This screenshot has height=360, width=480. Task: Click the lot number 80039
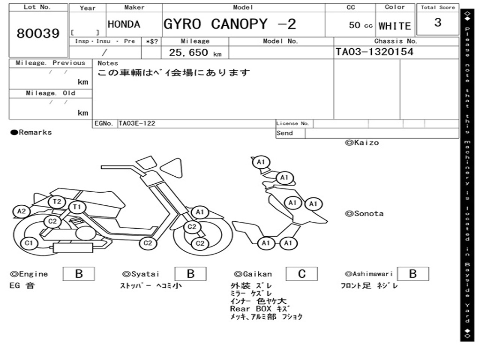(38, 34)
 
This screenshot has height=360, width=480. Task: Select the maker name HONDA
(124, 24)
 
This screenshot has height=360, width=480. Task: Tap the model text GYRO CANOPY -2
(230, 24)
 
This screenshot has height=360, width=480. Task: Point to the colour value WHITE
(394, 26)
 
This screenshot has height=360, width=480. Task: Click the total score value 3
(437, 23)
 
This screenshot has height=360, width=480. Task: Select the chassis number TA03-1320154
(375, 52)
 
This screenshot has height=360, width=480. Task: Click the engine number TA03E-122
(137, 124)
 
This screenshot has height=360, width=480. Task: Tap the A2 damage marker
(22, 211)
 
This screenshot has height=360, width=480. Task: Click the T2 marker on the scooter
(57, 202)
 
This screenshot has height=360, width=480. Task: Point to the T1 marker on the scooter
(77, 207)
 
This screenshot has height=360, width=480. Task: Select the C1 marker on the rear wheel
(29, 243)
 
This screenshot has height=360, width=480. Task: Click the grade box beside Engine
(79, 274)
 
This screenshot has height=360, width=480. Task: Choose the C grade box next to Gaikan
(302, 274)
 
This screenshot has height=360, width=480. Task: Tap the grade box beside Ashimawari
(412, 274)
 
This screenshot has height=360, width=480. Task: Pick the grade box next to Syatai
(191, 274)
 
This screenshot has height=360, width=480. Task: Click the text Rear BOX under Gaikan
(251, 309)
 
